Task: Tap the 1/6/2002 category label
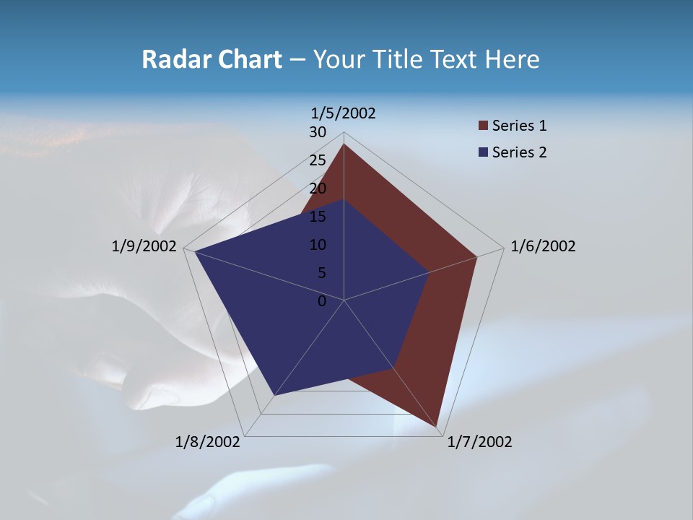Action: [x=543, y=246]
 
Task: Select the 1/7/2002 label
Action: [x=479, y=442]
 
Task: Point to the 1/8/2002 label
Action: [x=208, y=442]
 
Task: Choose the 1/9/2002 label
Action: [x=144, y=246]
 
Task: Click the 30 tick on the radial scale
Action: [x=318, y=132]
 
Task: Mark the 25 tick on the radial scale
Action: [x=318, y=160]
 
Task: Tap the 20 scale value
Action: [x=318, y=188]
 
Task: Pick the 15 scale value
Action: [x=318, y=217]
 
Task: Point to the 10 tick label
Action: [x=318, y=245]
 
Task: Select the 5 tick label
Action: [x=321, y=273]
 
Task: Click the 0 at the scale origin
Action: [x=322, y=301]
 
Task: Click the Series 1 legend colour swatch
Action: [x=483, y=126]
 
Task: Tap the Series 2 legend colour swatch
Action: [x=483, y=152]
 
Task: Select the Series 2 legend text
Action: [x=519, y=152]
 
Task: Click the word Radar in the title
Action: [x=174, y=59]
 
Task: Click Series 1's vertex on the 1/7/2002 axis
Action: [x=437, y=427]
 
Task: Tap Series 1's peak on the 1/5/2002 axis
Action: [x=344, y=144]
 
